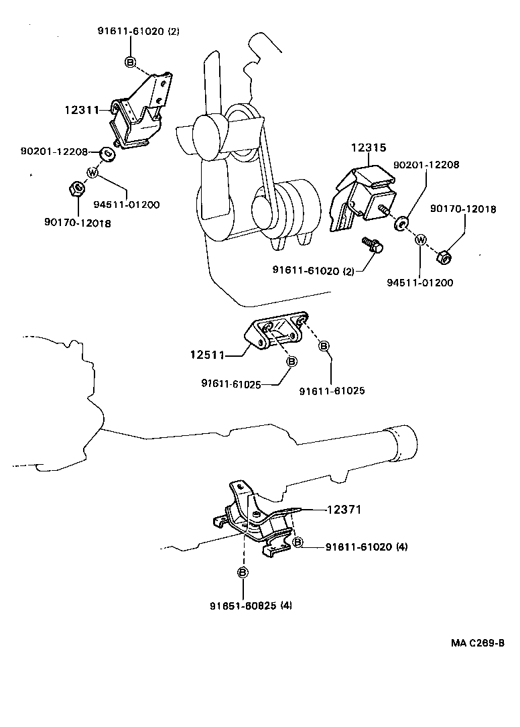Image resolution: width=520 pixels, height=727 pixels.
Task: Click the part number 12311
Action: (x=82, y=110)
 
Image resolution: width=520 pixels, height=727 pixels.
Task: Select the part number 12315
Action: (x=369, y=148)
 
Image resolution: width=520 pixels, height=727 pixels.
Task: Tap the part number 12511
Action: (x=207, y=355)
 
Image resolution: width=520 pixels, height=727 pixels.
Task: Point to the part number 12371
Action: (x=344, y=510)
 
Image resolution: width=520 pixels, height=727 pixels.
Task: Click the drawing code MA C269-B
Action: (x=477, y=643)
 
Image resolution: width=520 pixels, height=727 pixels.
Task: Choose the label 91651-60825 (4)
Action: (x=251, y=606)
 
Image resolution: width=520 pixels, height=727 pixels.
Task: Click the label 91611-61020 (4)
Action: (x=367, y=547)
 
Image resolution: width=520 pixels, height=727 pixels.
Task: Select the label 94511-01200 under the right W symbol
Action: (x=420, y=282)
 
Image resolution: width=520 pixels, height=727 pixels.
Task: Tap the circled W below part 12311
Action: (x=92, y=173)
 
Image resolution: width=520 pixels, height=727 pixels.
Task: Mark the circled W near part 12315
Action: (x=420, y=239)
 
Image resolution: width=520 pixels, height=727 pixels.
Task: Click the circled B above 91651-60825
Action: (x=243, y=573)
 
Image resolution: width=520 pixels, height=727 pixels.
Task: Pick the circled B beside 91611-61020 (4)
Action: (x=298, y=542)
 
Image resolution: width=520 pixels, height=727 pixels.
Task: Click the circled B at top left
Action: (x=130, y=62)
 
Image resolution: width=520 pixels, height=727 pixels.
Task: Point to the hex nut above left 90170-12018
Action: (x=76, y=188)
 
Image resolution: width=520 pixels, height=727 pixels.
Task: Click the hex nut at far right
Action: (x=444, y=257)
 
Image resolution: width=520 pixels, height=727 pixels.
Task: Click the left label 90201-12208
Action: (x=54, y=151)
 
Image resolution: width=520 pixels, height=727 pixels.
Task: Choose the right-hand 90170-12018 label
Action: (x=463, y=209)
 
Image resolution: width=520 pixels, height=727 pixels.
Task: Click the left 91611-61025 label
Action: (x=231, y=384)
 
